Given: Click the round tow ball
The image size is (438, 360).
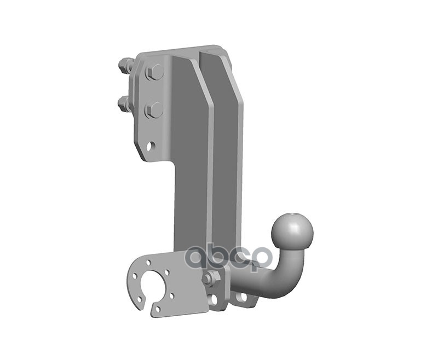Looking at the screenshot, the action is pyautogui.click(x=292, y=231).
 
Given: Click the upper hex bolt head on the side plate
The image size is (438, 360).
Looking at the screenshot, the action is pyautogui.click(x=154, y=72).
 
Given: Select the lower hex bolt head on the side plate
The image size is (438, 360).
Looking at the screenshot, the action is pyautogui.click(x=154, y=109).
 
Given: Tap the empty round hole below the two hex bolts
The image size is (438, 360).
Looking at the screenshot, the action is pyautogui.click(x=152, y=146).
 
